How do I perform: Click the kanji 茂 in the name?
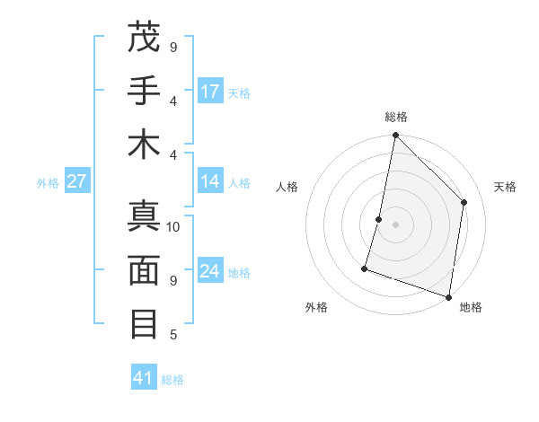[144, 39]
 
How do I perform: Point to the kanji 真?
[144, 218]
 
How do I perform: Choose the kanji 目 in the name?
[144, 322]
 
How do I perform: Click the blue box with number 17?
[210, 92]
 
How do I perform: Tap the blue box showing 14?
[210, 182]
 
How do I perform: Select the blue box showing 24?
[210, 271]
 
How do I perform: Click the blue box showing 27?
[76, 182]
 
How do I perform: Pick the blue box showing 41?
[144, 378]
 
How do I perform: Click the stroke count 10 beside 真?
[173, 227]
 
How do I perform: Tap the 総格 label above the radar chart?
[396, 117]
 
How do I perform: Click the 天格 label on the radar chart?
[505, 187]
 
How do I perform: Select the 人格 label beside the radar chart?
[287, 187]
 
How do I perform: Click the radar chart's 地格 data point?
[449, 296]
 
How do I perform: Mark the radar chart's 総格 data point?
[395, 136]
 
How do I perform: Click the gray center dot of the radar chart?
[395, 224]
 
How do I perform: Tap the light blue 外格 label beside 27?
[48, 183]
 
